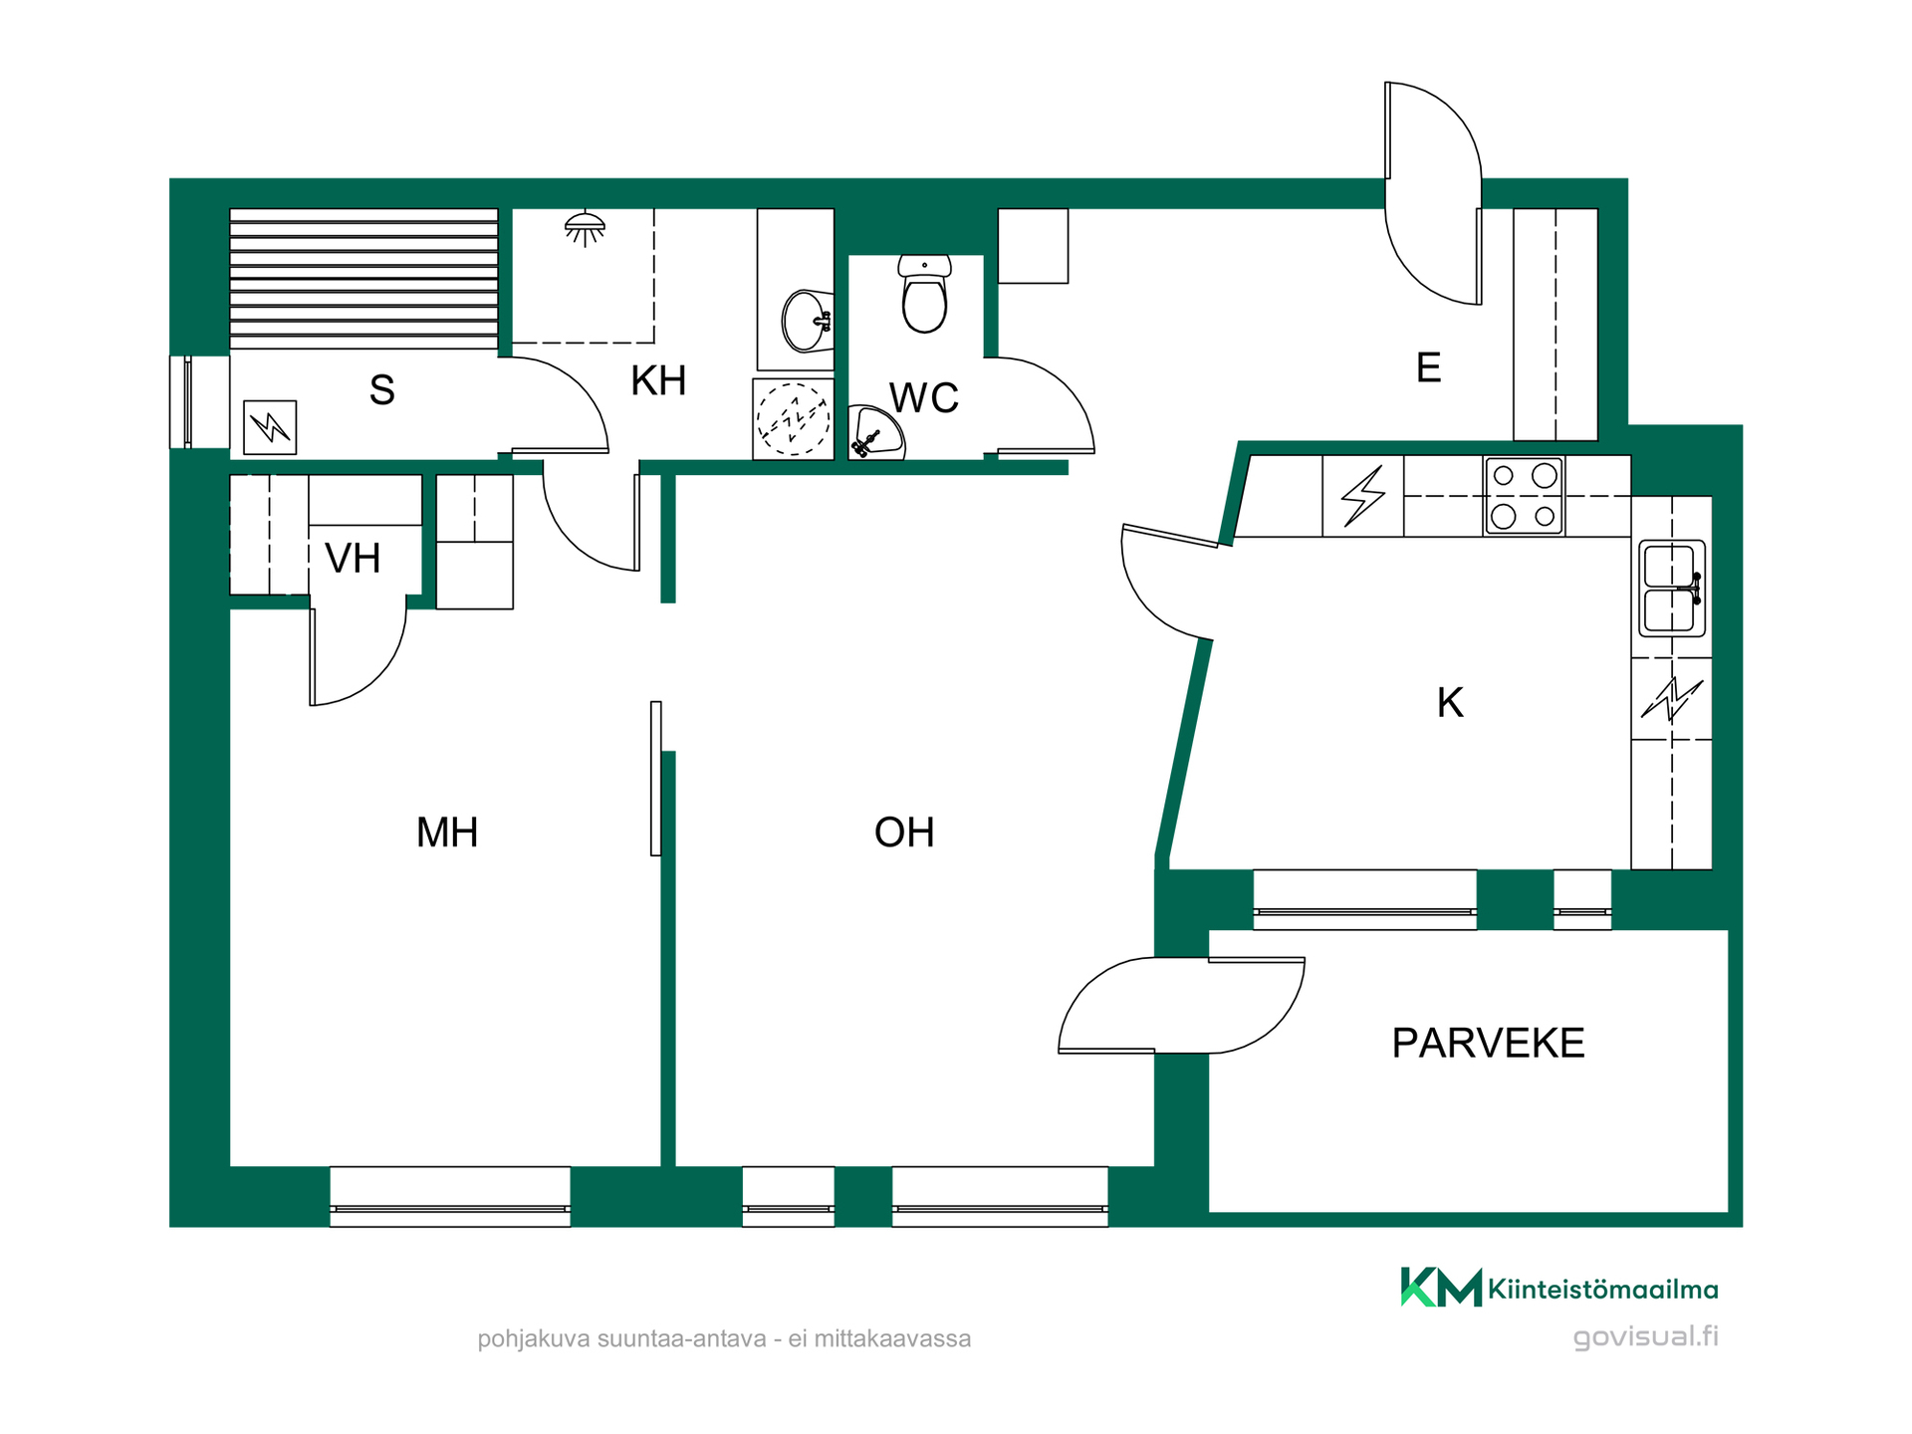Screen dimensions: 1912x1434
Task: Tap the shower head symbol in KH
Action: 585,228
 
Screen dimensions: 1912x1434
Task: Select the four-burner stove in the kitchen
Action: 1524,496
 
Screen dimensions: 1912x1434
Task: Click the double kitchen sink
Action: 1672,588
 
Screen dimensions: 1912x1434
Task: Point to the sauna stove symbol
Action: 270,427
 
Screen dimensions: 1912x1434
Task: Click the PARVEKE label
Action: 1488,1043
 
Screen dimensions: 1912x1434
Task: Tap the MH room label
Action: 447,833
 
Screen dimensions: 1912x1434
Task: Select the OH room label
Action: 904,833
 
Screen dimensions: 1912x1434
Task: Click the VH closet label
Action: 353,559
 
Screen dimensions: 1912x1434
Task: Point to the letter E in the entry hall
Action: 1428,367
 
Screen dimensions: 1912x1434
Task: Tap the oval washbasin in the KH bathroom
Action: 807,321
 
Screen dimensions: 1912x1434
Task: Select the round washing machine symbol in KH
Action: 793,419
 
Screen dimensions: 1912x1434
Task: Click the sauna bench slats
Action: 363,279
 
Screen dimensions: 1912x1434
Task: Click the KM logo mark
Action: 1441,1287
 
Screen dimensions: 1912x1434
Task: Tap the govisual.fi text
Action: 1646,1336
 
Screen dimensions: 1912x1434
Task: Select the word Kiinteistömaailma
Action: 1603,1290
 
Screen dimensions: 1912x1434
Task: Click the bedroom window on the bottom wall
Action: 450,1197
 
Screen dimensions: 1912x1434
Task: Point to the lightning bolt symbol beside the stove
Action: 1363,496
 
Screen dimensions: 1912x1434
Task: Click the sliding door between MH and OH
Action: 656,778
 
